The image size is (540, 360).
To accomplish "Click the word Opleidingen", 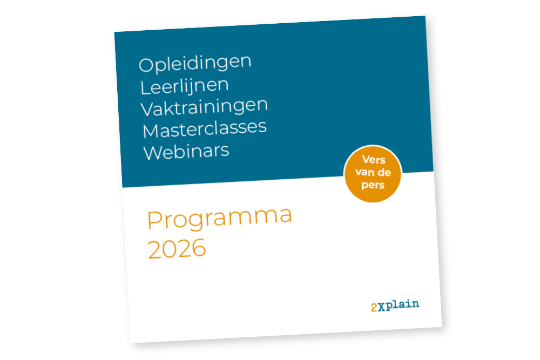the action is coord(195,63).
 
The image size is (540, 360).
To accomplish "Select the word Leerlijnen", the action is coord(184,86).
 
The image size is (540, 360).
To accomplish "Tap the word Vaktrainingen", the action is coord(204,107).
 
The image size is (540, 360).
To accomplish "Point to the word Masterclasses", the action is coord(205,128).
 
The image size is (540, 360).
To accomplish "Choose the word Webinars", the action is coord(186,152).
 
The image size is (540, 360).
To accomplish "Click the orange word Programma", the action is coord(219,218).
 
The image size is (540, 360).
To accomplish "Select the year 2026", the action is coord(177,248).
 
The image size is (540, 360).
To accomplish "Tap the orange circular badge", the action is coord(373,174).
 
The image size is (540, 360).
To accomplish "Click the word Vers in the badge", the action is coord(374,160).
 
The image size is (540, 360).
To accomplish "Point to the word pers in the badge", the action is coord(373,185).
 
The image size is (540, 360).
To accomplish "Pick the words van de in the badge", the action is coord(373,172).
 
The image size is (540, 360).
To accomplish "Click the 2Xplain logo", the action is coord(395,305).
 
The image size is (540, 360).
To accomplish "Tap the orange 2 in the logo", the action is coord(374,308).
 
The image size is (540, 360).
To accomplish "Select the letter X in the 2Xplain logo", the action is coord(382,307).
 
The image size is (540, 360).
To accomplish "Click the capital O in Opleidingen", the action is coord(146,65).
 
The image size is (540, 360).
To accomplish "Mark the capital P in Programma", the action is coord(154,220).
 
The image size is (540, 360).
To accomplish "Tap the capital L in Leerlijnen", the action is coord(145,87).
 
